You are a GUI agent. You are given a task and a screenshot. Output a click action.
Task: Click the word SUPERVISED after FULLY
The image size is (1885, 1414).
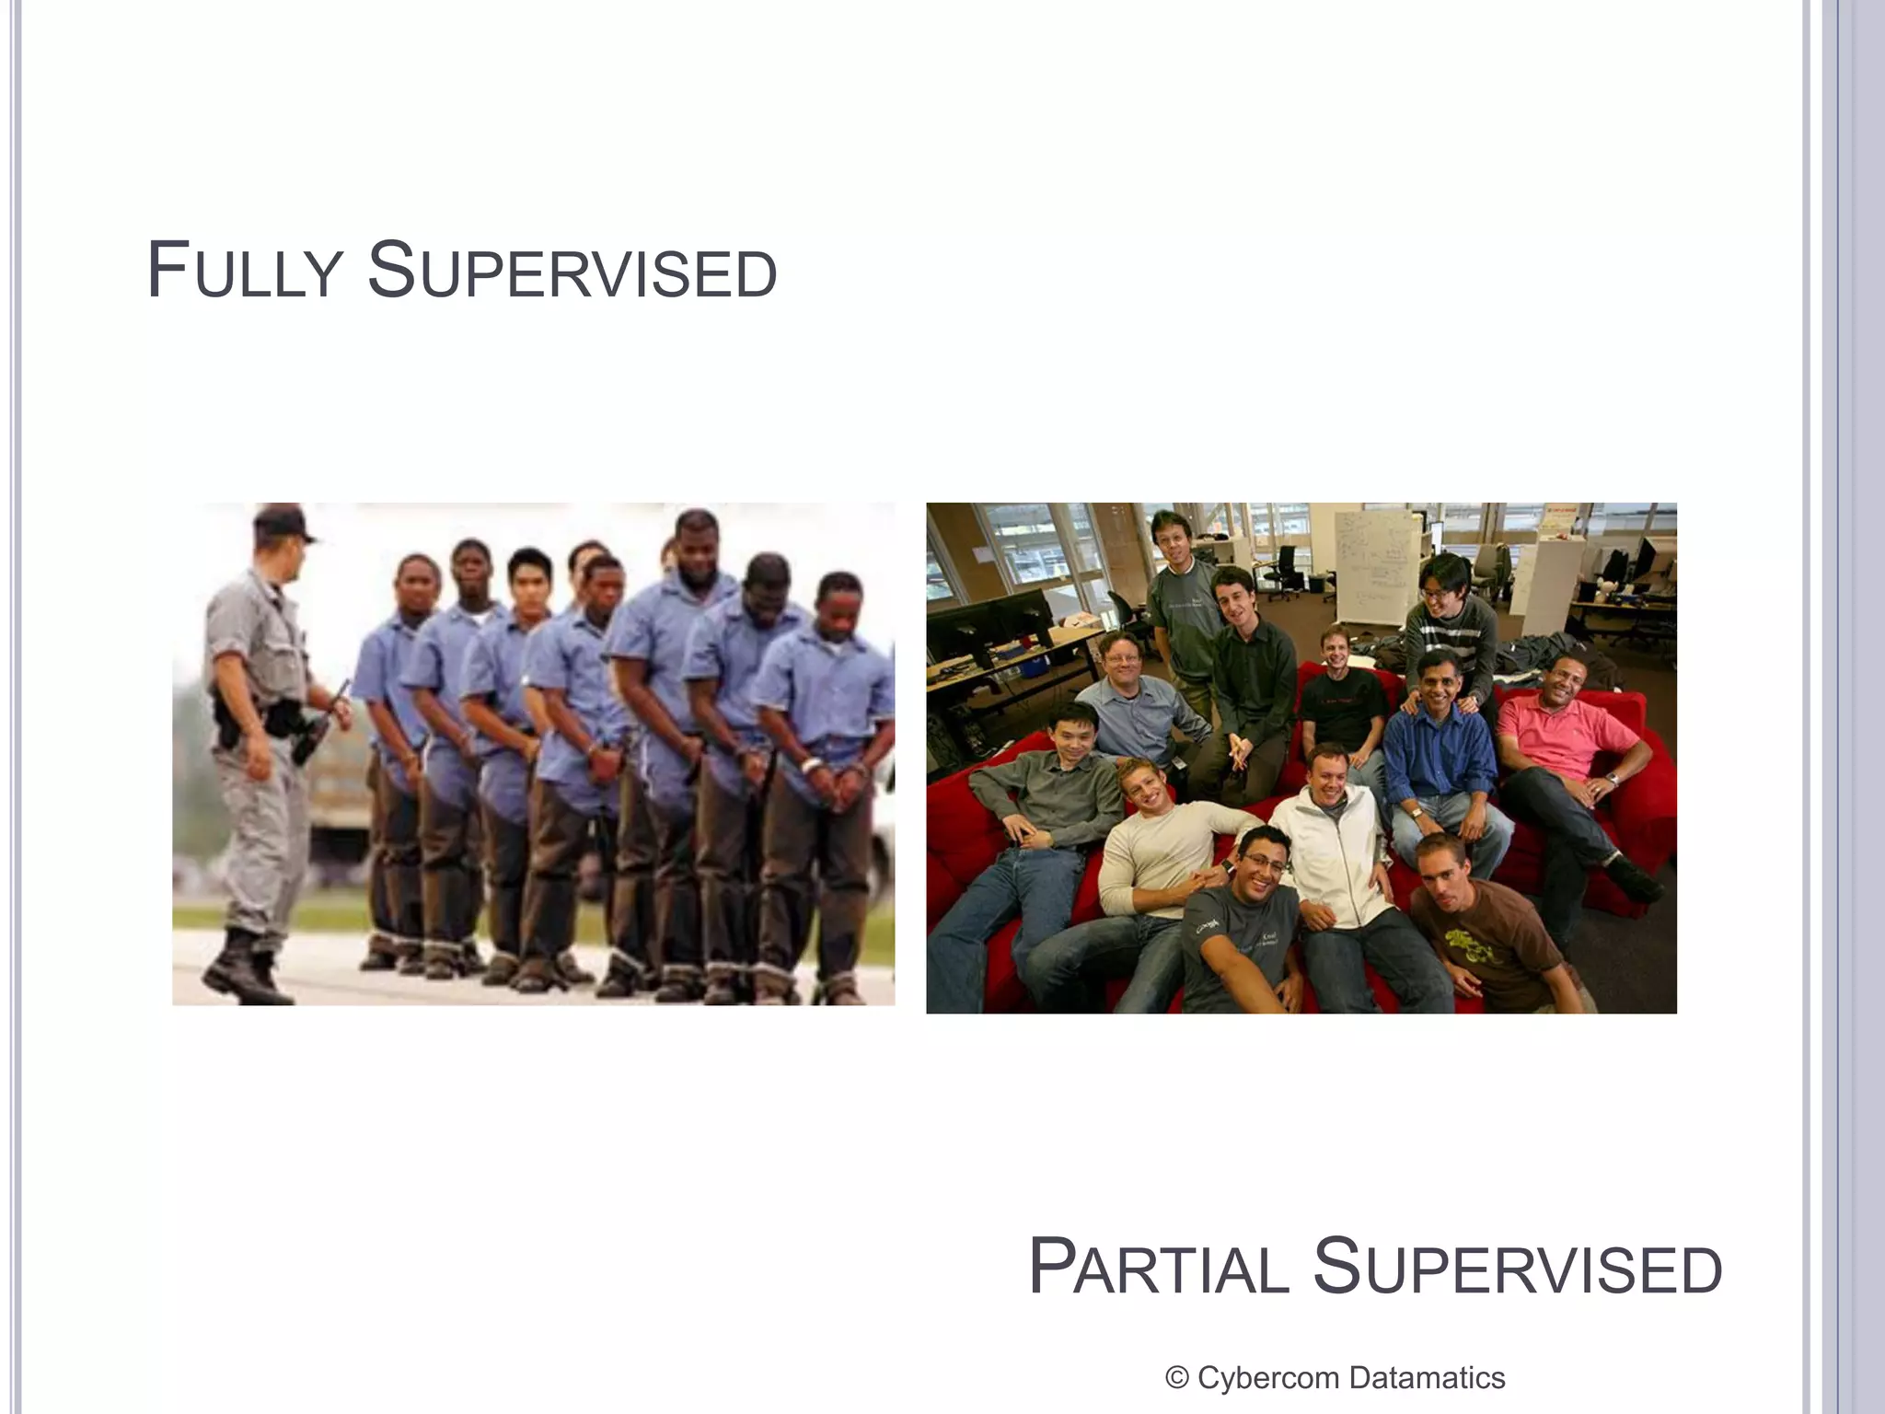coord(572,272)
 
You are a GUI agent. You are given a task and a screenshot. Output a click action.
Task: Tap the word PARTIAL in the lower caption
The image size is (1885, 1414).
coord(1159,1269)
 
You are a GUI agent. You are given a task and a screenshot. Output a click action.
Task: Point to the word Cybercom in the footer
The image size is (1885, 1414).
coord(1267,1378)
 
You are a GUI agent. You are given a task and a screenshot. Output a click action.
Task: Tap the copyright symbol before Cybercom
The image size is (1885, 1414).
coord(1175,1378)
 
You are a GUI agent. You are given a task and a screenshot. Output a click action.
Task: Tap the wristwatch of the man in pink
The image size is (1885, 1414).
coord(1612,780)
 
